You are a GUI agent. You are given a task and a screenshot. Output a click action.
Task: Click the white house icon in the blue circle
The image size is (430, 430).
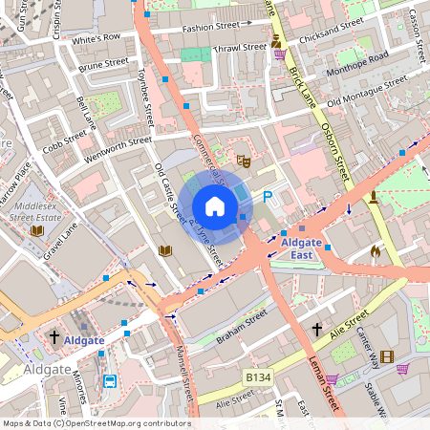[x=215, y=205]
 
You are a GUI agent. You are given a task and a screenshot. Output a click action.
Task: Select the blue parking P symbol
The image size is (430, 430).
[x=268, y=196]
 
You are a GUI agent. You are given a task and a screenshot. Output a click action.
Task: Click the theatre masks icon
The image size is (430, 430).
[x=242, y=161]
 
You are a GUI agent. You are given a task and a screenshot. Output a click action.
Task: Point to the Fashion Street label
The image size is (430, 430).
[x=212, y=29]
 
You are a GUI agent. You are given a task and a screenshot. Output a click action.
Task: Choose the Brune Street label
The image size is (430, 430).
[x=103, y=67]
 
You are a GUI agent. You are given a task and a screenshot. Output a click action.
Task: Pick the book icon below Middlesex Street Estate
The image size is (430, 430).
[x=37, y=230]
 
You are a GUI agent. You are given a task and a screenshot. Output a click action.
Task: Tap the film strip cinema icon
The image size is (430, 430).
[x=386, y=357]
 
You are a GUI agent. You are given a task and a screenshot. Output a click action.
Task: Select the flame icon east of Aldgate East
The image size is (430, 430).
[x=376, y=251]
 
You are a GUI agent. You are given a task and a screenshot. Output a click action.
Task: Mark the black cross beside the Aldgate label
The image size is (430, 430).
[x=54, y=337]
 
